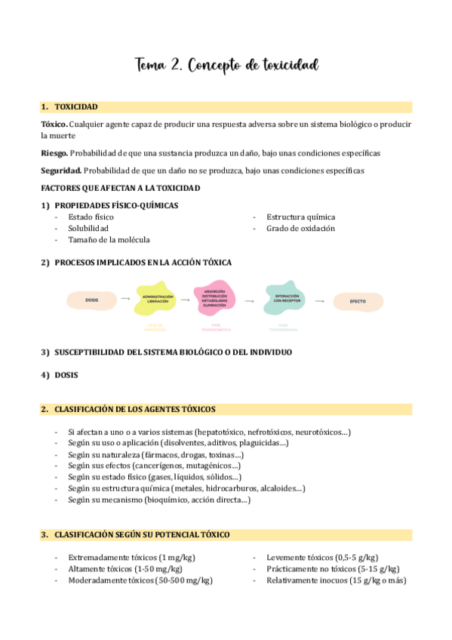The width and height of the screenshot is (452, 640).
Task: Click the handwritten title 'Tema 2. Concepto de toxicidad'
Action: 226,66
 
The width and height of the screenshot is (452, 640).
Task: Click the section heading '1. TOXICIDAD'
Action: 75,107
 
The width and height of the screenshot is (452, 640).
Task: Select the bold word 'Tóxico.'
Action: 54,124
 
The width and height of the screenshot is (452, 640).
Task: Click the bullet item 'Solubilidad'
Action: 88,228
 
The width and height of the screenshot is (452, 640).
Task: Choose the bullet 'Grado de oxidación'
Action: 301,228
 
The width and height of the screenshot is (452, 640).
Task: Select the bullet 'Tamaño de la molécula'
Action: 109,239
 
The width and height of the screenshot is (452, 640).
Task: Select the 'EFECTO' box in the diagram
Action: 358,301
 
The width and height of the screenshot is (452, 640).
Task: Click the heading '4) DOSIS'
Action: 60,374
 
